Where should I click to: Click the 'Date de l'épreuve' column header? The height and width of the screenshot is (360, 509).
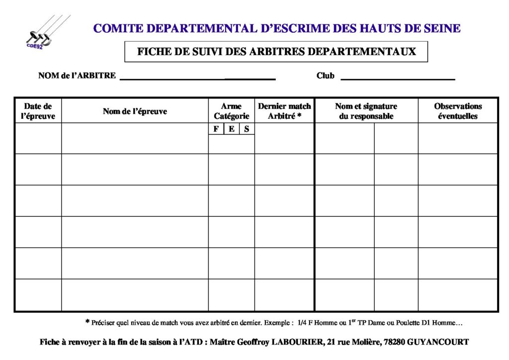click(38, 111)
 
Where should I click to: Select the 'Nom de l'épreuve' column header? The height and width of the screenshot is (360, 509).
click(135, 111)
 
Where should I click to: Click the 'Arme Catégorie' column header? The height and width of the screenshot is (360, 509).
click(231, 111)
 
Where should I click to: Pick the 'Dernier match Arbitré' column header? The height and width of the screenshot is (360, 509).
click(284, 111)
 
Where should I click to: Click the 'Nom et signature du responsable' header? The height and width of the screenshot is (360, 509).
click(366, 111)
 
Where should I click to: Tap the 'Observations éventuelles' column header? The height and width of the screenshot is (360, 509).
click(458, 111)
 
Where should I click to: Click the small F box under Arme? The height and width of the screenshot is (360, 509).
click(216, 129)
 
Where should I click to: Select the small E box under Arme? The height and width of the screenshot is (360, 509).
click(231, 129)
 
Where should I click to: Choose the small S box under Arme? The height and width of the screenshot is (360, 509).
click(247, 129)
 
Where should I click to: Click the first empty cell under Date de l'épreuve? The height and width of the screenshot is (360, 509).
click(38, 139)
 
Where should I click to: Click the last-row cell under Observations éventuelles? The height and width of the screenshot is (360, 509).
click(458, 295)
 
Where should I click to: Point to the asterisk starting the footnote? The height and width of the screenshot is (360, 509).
click(87, 322)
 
